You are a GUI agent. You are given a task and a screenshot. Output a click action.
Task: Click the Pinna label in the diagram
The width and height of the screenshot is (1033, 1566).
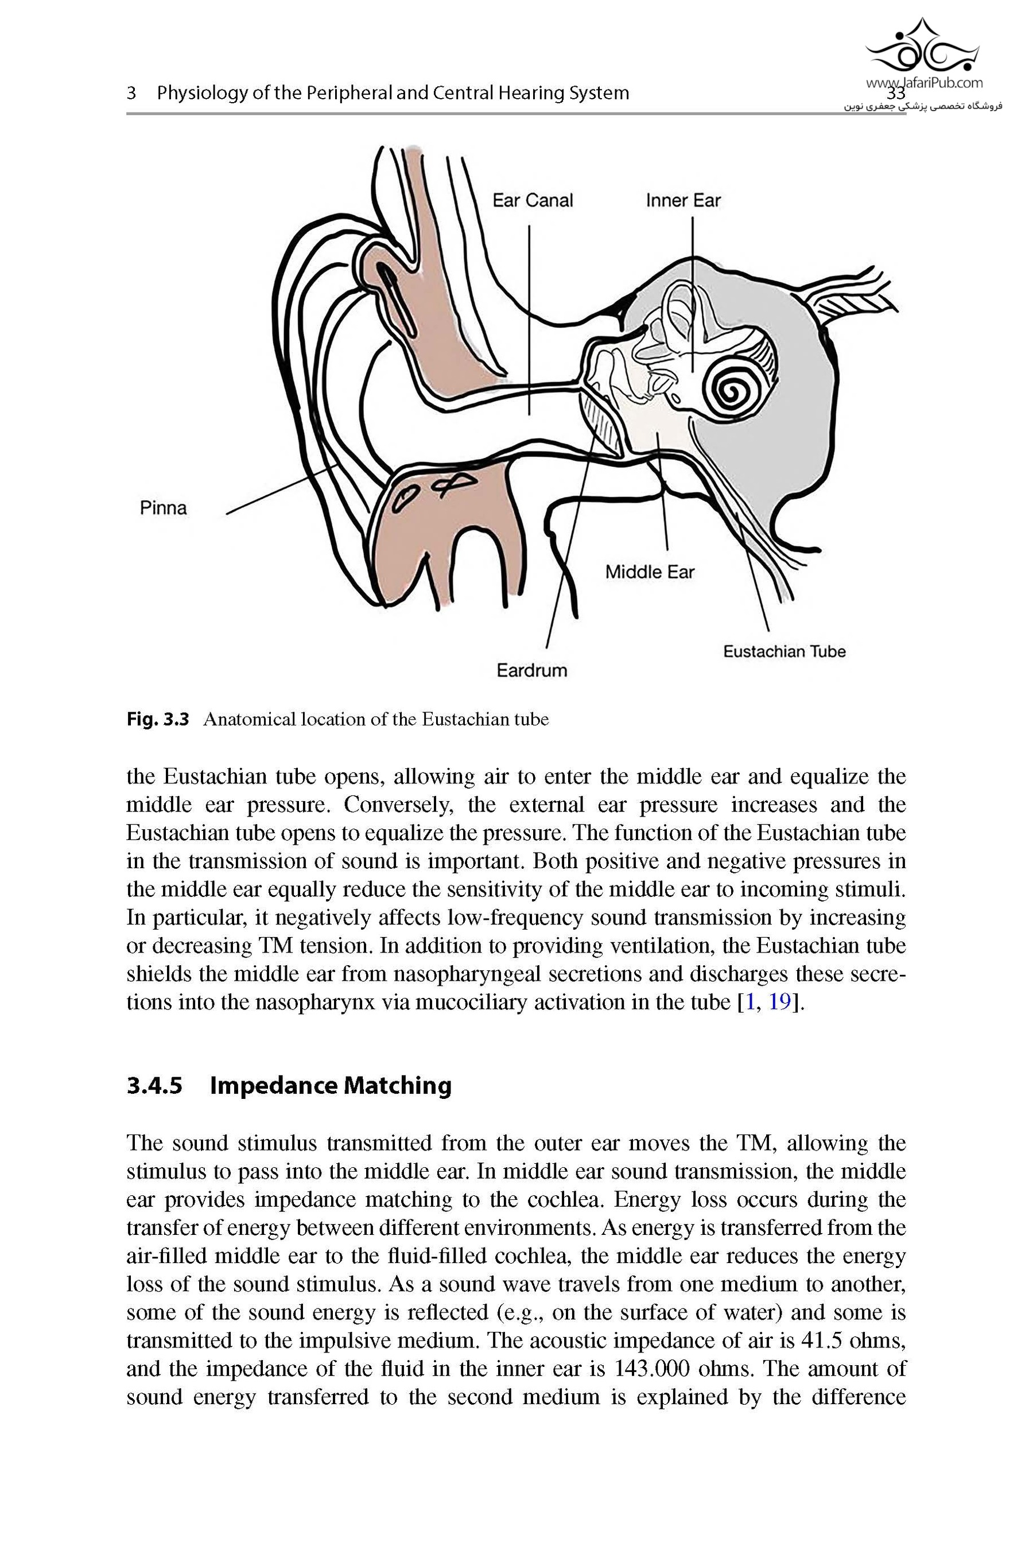pyautogui.click(x=164, y=508)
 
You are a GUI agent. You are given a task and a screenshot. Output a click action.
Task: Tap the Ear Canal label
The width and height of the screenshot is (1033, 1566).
pyautogui.click(x=533, y=200)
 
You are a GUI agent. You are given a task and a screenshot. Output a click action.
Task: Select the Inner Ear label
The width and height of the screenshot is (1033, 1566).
pyautogui.click(x=683, y=200)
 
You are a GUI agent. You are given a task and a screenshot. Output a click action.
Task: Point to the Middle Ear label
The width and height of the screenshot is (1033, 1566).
pyautogui.click(x=650, y=572)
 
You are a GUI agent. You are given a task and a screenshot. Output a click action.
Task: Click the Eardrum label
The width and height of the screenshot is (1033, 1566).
pyautogui.click(x=531, y=670)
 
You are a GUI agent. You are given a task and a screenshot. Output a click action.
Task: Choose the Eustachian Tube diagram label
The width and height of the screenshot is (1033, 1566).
pyautogui.click(x=784, y=651)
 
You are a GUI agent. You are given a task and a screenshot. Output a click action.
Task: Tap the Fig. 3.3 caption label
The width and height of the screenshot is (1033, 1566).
pyautogui.click(x=157, y=719)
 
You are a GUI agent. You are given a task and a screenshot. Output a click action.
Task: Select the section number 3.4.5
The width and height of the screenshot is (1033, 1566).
pyautogui.click(x=154, y=1085)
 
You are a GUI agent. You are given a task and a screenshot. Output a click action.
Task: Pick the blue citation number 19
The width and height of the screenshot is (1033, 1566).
pyautogui.click(x=779, y=1002)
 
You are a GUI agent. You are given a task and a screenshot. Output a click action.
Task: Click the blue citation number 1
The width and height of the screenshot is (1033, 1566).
pyautogui.click(x=748, y=1002)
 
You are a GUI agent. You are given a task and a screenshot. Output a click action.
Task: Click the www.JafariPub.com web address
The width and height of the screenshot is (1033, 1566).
pyautogui.click(x=925, y=83)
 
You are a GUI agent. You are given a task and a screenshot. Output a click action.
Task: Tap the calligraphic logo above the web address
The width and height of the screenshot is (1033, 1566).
pyautogui.click(x=922, y=46)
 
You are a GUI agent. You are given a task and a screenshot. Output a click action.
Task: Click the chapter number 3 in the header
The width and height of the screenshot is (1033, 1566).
pyautogui.click(x=131, y=93)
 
